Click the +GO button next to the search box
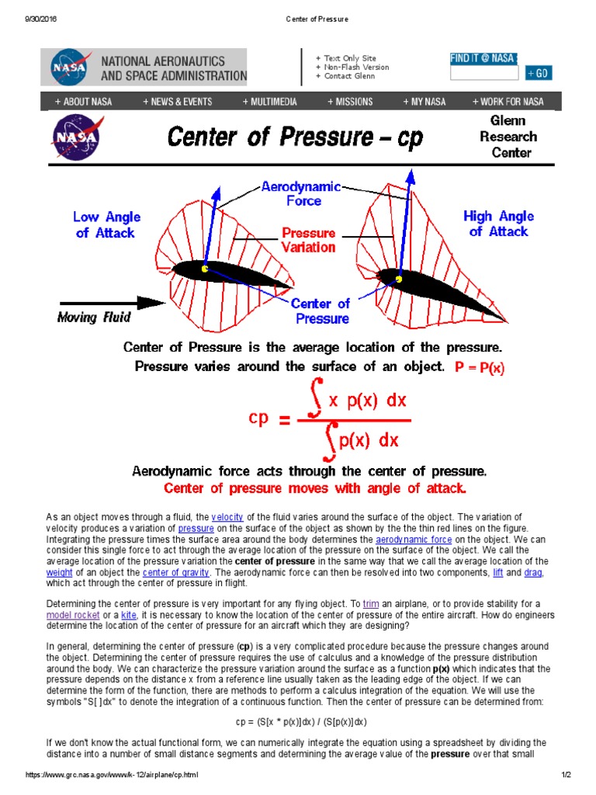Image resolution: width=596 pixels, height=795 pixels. click(539, 73)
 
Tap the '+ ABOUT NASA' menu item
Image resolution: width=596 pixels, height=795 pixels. click(83, 102)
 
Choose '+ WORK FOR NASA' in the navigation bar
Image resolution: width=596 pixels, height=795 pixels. click(508, 102)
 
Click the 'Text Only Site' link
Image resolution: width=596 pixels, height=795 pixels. click(349, 58)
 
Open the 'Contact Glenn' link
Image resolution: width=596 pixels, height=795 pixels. click(348, 76)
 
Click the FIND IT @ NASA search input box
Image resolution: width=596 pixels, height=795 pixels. click(484, 74)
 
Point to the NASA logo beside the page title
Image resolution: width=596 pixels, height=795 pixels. click(75, 137)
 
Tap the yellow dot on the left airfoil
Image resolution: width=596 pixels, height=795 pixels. click(205, 269)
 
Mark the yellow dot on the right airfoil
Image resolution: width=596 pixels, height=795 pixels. click(399, 279)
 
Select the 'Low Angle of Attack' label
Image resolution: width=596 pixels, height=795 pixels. click(103, 224)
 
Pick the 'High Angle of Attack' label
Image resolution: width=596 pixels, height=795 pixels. click(498, 224)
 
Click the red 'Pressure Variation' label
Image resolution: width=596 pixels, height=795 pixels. click(308, 240)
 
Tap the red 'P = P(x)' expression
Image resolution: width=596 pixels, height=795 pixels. click(479, 368)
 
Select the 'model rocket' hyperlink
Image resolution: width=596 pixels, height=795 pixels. click(70, 614)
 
